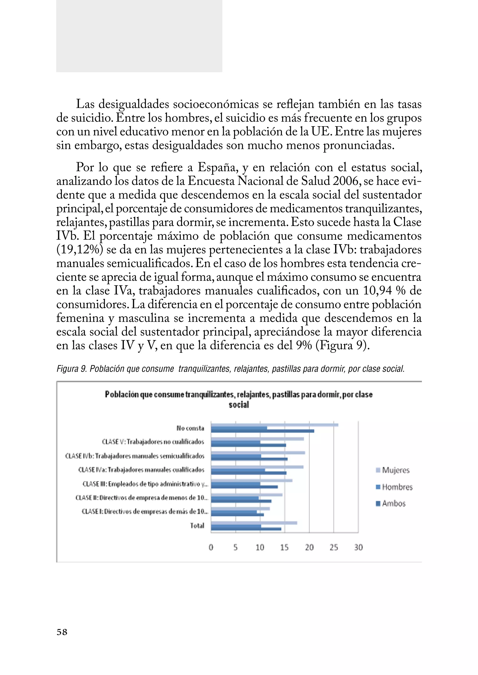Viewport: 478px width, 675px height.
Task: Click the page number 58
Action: [62, 632]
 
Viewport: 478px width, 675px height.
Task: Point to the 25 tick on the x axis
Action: [334, 547]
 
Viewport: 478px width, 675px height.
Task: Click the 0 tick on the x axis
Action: [211, 547]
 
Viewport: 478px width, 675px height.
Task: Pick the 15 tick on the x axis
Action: [284, 547]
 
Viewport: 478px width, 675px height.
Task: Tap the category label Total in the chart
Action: [197, 525]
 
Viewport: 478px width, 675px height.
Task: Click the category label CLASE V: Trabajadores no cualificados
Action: [153, 442]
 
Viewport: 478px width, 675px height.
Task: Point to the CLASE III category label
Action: [145, 484]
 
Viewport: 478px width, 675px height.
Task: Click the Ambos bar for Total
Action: [246, 529]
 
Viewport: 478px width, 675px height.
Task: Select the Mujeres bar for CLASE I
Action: [240, 508]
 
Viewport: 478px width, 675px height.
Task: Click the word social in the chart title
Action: [239, 405]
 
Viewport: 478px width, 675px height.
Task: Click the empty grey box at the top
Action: [139, 36]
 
